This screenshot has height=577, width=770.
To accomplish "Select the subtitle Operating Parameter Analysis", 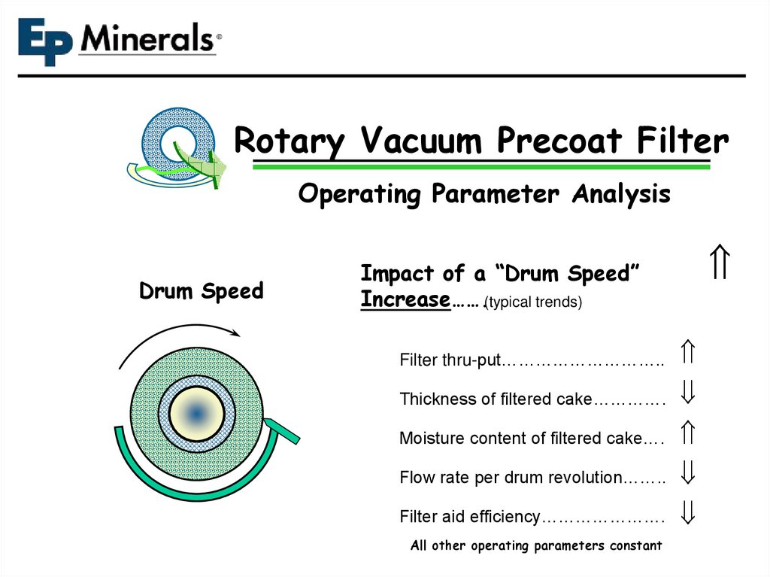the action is [x=484, y=194].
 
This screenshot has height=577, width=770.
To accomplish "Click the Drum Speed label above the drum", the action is [x=201, y=291].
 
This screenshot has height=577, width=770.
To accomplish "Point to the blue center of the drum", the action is [x=196, y=413].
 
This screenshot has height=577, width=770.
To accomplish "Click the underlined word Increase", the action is [x=405, y=299].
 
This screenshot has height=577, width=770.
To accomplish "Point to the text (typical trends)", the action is [x=534, y=302].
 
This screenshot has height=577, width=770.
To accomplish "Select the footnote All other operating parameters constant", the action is [x=536, y=545].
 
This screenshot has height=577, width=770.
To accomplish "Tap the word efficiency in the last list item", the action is [x=505, y=517].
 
